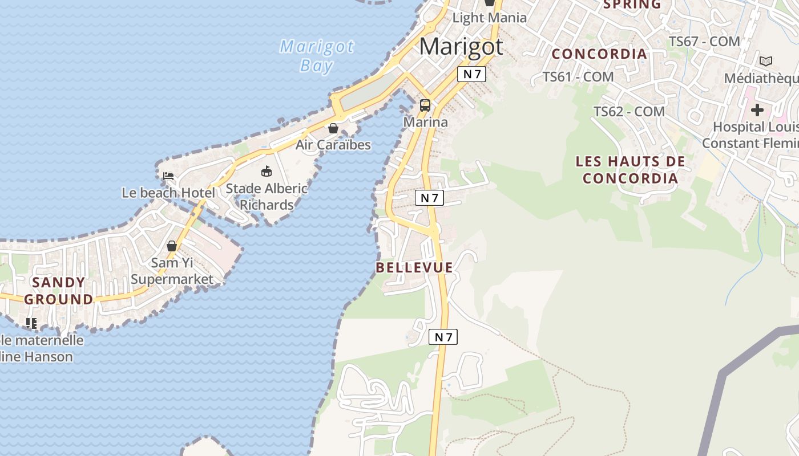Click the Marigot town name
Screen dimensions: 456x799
point(461,46)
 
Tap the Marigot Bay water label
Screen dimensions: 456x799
point(317,56)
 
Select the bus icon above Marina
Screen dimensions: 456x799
point(425,105)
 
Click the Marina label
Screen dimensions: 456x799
point(425,122)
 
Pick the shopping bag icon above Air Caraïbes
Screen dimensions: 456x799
point(333,128)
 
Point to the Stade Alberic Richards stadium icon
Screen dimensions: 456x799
point(267,171)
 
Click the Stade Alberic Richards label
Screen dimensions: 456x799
point(267,196)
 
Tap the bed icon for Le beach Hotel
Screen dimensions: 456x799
point(168,176)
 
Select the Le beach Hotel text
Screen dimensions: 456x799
point(168,193)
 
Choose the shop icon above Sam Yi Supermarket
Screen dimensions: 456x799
point(172,246)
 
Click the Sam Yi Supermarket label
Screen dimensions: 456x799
point(172,271)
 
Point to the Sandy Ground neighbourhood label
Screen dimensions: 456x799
point(59,291)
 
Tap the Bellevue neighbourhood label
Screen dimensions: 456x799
point(414,267)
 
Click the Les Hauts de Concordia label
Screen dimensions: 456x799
point(630,170)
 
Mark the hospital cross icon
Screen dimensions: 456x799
point(757,109)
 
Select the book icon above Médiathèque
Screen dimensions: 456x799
point(766,61)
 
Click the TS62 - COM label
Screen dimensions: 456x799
point(629,112)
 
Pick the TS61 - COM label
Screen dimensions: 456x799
point(578,76)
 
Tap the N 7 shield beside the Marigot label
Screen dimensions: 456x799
point(471,74)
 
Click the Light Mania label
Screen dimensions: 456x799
point(490,18)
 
